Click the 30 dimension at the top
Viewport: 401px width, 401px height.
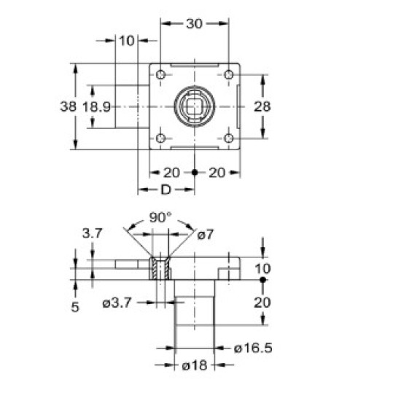point(194,23)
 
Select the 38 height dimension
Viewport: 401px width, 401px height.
point(68,106)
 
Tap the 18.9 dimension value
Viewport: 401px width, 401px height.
point(96,106)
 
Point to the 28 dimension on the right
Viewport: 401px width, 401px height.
point(262,106)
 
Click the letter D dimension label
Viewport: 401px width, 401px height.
point(166,190)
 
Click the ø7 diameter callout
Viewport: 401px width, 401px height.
point(206,233)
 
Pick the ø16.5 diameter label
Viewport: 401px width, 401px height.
point(253,349)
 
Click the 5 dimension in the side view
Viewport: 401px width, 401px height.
point(75,307)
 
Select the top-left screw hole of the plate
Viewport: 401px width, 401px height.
point(160,75)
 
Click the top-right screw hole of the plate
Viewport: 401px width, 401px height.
point(228,75)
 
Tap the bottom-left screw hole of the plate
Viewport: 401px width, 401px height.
point(160,138)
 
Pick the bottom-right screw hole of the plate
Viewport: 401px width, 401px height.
point(228,138)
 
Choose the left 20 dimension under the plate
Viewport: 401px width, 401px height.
point(172,172)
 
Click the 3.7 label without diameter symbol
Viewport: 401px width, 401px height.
point(92,233)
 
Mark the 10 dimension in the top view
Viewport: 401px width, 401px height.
point(126,41)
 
